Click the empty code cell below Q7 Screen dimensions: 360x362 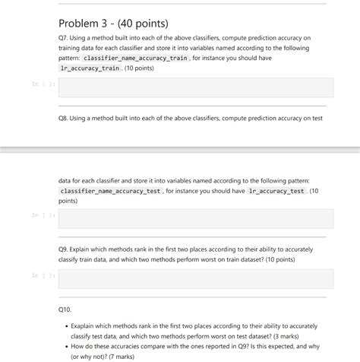click(x=195, y=88)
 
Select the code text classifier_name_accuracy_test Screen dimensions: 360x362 click(x=111, y=192)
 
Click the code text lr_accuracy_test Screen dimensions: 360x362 click(x=276, y=192)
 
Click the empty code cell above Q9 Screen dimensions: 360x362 click(x=195, y=219)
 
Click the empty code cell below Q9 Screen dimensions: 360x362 click(x=195, y=278)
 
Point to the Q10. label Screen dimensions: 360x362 click(x=65, y=310)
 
